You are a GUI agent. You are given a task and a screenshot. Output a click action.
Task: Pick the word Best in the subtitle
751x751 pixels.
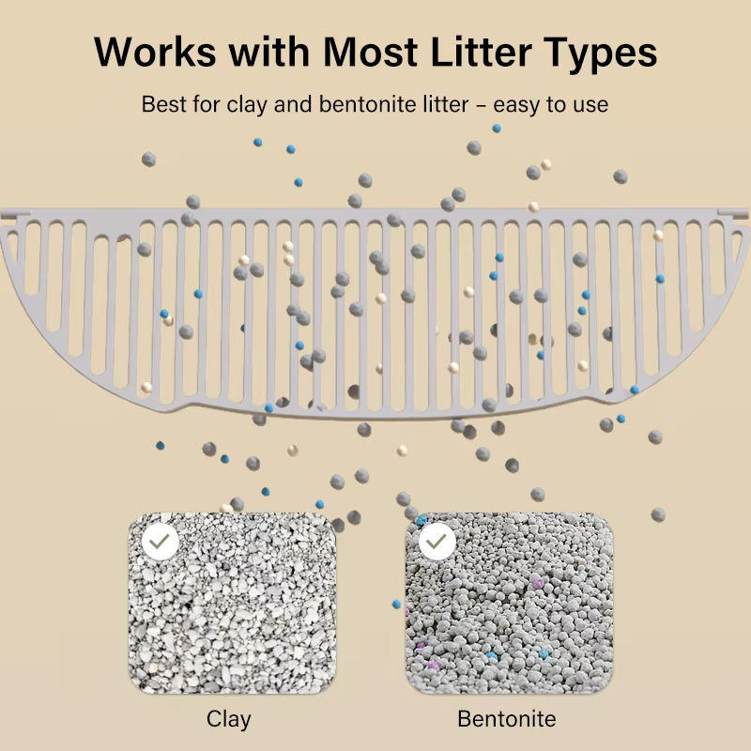[x=162, y=104]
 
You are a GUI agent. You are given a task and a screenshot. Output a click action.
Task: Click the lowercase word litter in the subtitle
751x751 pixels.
[x=441, y=104]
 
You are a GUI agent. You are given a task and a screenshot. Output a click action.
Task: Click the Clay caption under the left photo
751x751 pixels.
[x=229, y=719]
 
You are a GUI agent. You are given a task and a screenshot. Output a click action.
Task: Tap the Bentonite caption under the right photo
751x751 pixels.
[x=507, y=719]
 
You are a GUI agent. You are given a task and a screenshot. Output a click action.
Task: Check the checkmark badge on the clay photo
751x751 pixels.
[x=161, y=542]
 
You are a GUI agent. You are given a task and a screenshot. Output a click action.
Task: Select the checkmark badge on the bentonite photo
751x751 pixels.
[x=437, y=542]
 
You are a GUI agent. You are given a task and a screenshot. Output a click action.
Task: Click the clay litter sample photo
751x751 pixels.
[x=231, y=610]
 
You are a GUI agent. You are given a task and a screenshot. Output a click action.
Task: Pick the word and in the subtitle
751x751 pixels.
[x=293, y=104]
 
